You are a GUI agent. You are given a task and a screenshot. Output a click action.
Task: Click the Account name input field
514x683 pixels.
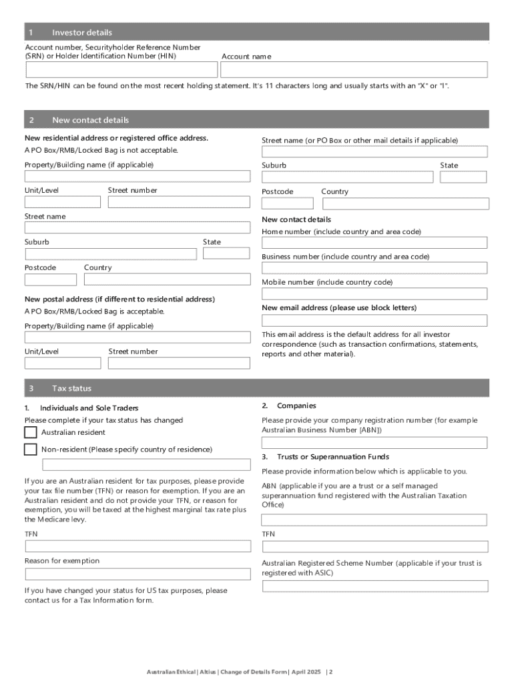click(x=354, y=70)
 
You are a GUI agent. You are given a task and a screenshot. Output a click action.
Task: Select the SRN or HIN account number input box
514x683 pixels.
click(x=121, y=70)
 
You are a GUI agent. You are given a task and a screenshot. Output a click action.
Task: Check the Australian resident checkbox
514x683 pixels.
click(x=31, y=432)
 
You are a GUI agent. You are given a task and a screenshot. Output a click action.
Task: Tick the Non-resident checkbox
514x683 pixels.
click(x=31, y=450)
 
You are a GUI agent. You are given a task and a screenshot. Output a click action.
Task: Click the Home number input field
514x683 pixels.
click(x=374, y=243)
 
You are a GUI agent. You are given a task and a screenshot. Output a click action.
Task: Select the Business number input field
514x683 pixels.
click(x=374, y=268)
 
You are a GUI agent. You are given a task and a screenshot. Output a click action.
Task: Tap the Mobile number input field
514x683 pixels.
click(x=374, y=293)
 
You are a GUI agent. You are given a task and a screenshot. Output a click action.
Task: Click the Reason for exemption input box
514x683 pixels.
click(x=138, y=574)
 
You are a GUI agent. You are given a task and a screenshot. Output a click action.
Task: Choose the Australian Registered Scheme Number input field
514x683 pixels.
click(x=374, y=586)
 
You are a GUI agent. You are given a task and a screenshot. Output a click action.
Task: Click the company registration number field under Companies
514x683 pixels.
click(x=374, y=443)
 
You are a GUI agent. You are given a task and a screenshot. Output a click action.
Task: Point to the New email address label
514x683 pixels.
click(x=338, y=307)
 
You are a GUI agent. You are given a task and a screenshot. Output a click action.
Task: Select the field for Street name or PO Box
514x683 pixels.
click(x=374, y=151)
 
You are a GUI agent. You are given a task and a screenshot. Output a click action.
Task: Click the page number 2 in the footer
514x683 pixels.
click(x=330, y=672)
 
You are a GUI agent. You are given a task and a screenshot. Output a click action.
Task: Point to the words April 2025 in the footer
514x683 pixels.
click(x=306, y=672)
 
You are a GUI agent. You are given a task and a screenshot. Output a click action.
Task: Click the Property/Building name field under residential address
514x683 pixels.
click(x=138, y=177)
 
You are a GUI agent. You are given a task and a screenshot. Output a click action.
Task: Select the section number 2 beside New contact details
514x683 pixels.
click(x=31, y=120)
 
